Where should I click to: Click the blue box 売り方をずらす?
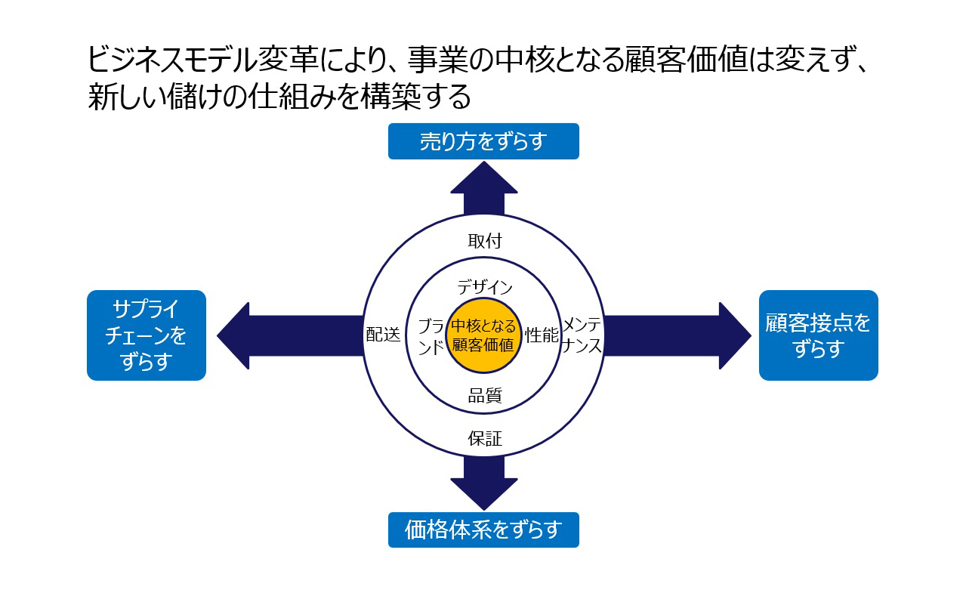tap(483, 141)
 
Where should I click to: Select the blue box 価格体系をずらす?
tap(483, 530)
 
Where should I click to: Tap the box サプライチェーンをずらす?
tap(147, 335)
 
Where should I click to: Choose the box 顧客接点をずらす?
tap(819, 335)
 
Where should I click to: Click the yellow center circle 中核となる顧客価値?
tap(483, 335)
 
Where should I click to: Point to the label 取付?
tap(485, 241)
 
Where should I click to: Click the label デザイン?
tap(485, 287)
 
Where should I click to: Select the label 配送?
tap(383, 334)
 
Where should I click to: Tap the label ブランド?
tap(431, 336)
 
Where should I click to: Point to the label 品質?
tap(485, 395)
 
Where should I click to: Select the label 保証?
tap(485, 439)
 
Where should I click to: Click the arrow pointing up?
tap(484, 188)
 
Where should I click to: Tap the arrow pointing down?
tap(484, 483)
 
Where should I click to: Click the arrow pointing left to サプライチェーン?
tap(290, 335)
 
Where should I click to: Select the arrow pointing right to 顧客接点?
tap(677, 335)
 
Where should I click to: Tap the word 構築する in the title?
tap(415, 96)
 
